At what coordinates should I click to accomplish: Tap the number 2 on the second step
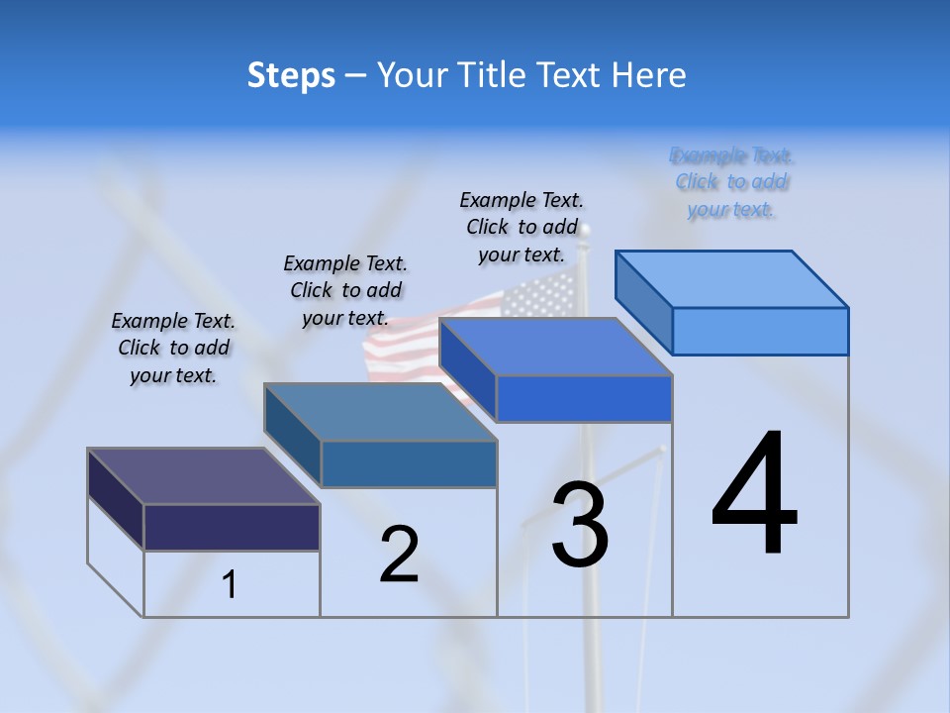399,555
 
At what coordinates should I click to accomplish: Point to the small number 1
229,585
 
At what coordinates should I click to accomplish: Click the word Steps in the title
291,75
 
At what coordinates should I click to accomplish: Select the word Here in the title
645,75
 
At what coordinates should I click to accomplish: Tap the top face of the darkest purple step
203,476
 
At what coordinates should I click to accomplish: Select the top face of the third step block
555,348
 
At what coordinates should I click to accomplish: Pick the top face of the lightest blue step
732,279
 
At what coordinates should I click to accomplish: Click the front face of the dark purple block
232,527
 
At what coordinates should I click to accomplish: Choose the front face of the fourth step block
760,331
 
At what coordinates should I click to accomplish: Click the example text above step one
173,349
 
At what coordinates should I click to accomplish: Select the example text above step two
345,291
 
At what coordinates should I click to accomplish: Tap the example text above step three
522,228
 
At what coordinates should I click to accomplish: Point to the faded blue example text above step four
731,182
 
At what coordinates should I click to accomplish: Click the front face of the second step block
409,463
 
